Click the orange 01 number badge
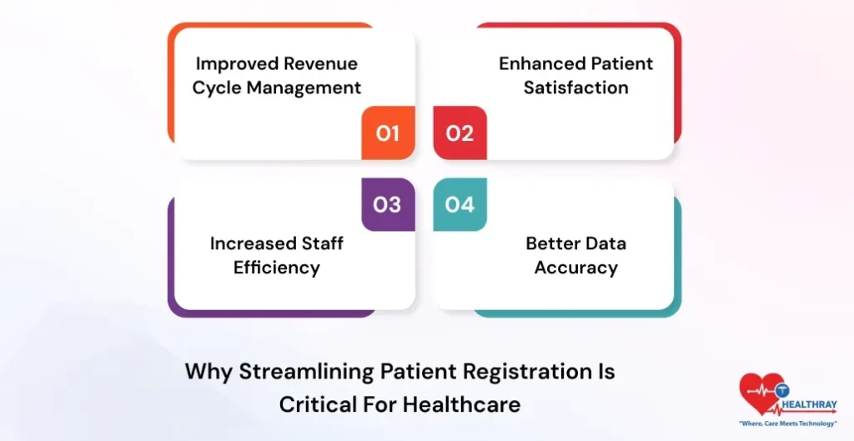click(x=388, y=133)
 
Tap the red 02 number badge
click(x=460, y=133)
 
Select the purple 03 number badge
click(x=388, y=204)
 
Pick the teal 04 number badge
click(x=460, y=204)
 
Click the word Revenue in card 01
click(x=321, y=64)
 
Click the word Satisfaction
click(x=576, y=88)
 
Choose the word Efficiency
click(x=277, y=268)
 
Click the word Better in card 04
click(x=553, y=243)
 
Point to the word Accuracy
click(x=576, y=268)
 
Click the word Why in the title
click(x=208, y=371)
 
